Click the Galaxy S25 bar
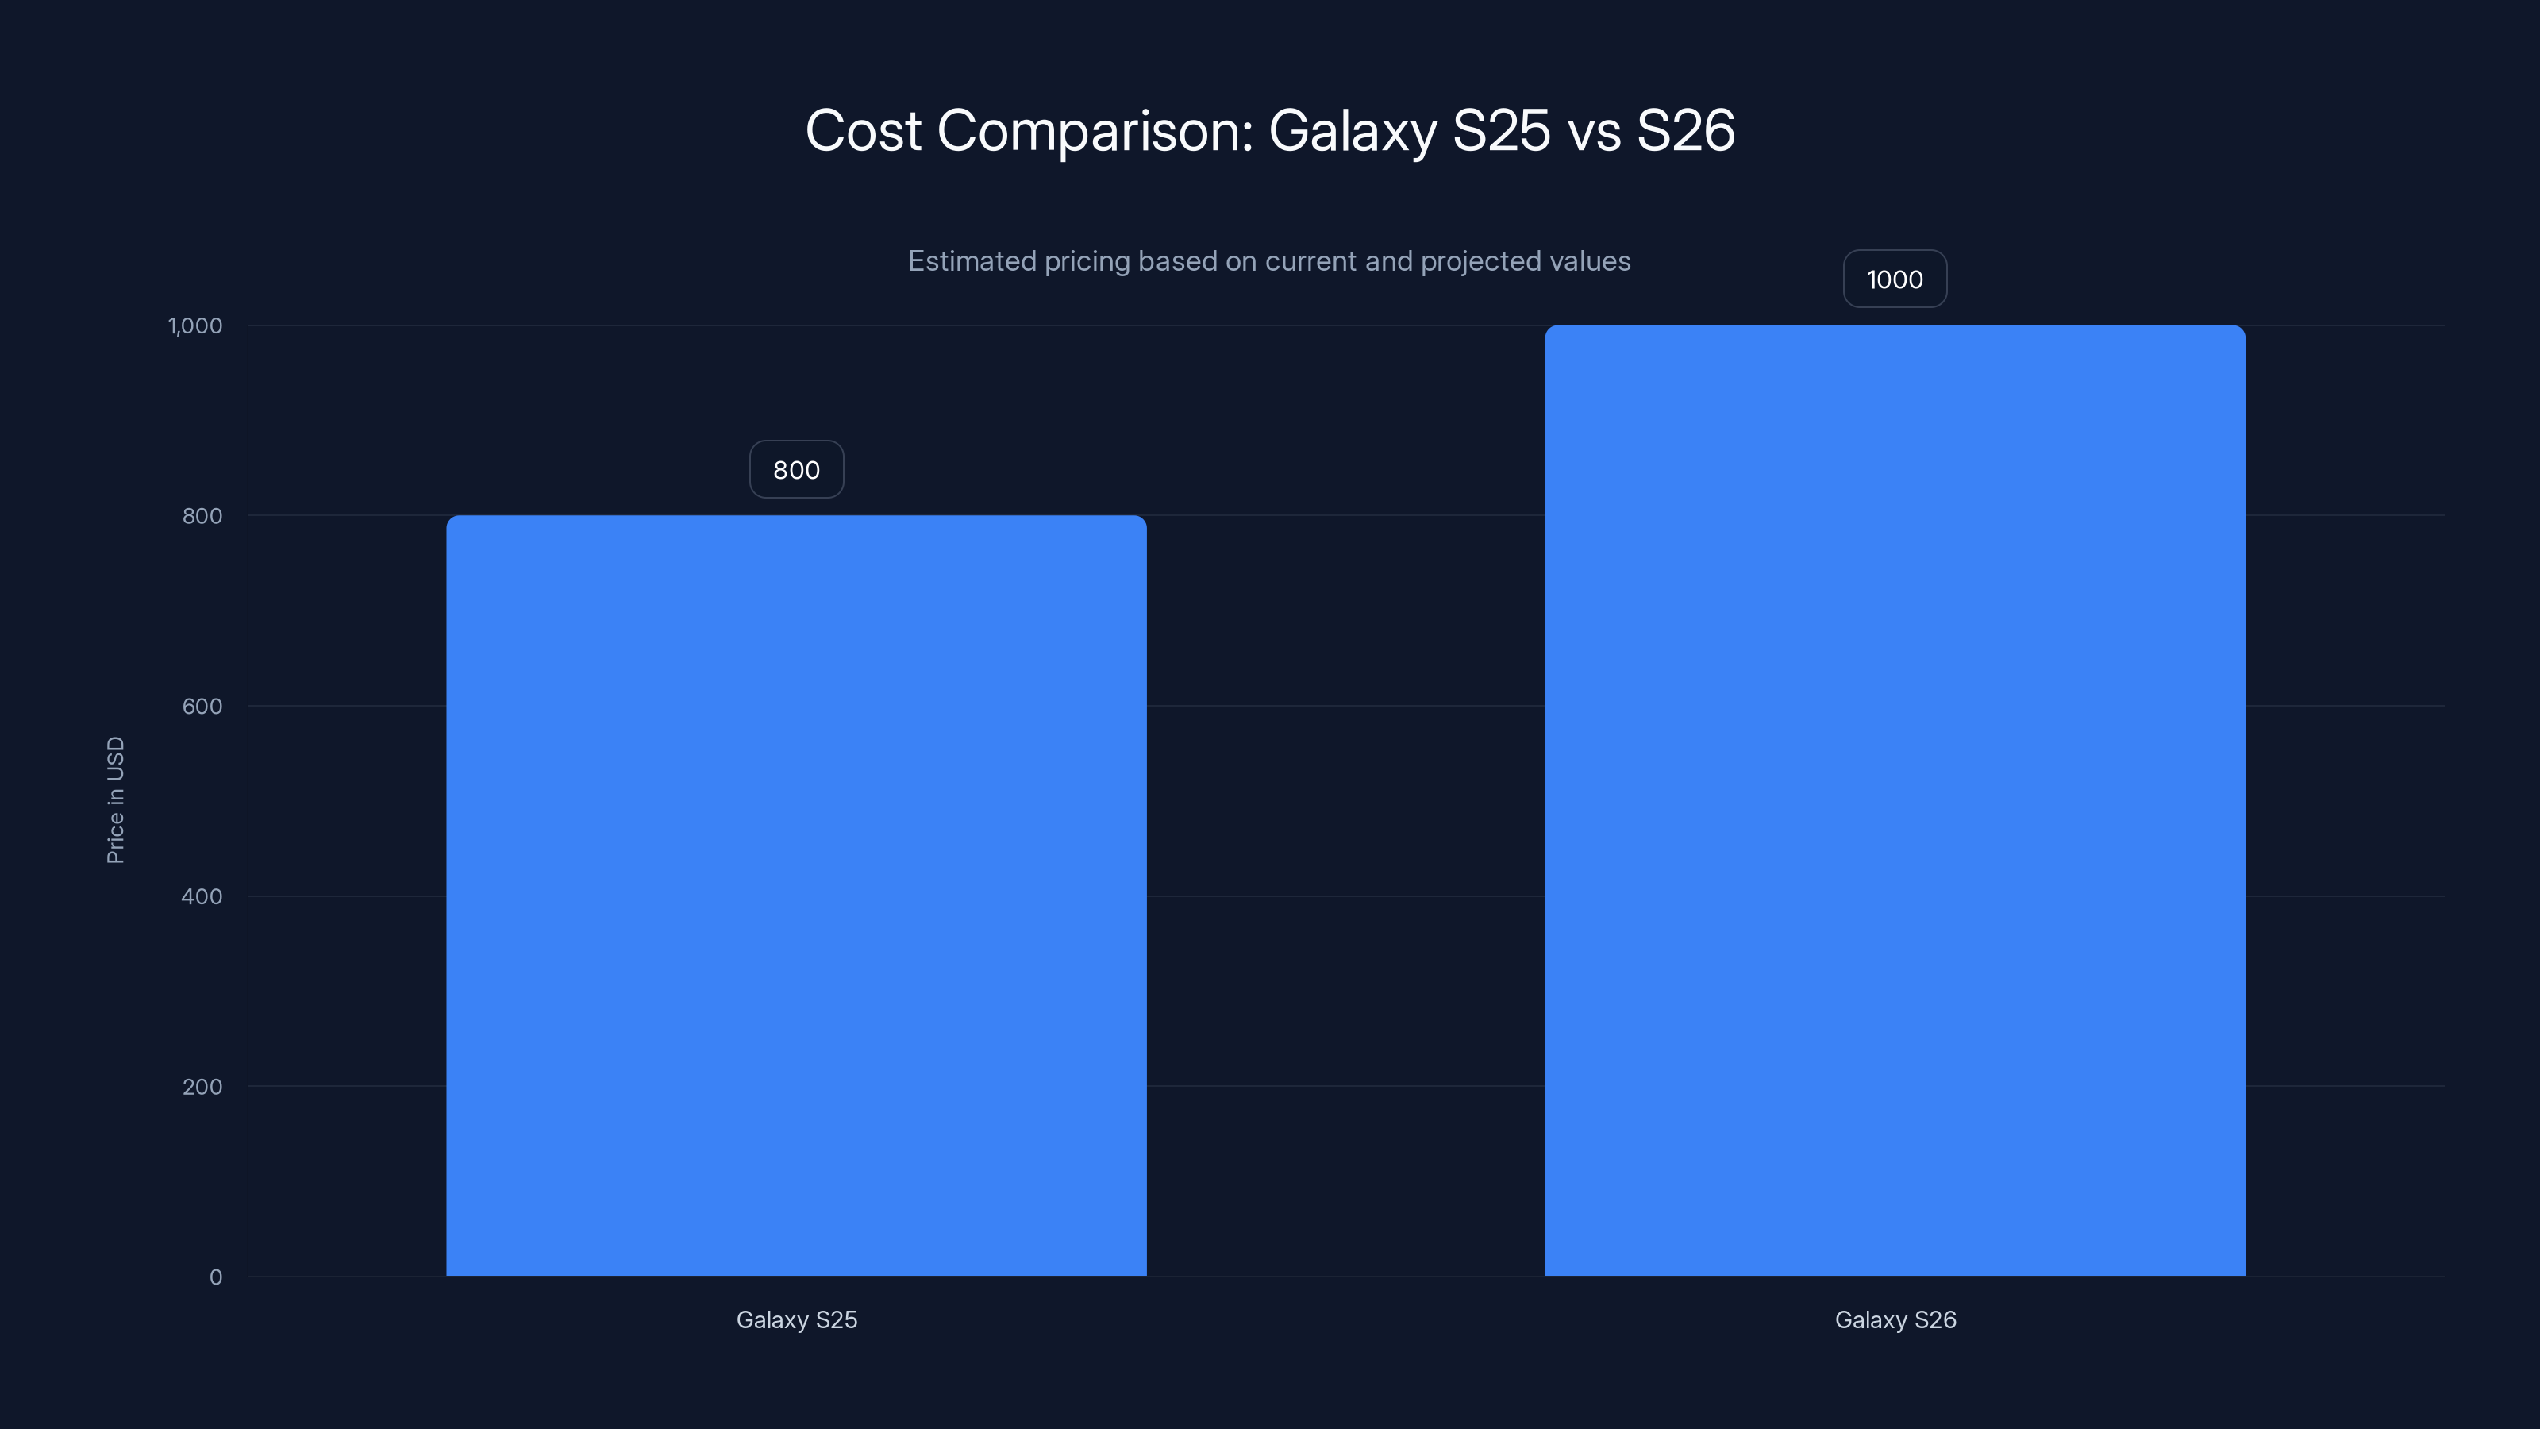(795, 896)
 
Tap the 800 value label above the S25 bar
(795, 469)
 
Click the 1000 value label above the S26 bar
(1894, 279)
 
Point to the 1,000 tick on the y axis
(195, 325)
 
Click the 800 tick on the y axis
(202, 516)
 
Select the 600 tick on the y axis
(202, 706)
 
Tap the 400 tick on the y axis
(202, 896)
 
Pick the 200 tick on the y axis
(202, 1087)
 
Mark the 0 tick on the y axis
(216, 1277)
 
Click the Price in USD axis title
(115, 799)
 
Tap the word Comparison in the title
(1095, 131)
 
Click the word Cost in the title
(863, 131)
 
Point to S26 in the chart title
(1685, 131)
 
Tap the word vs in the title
(1593, 131)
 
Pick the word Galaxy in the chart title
(1352, 131)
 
